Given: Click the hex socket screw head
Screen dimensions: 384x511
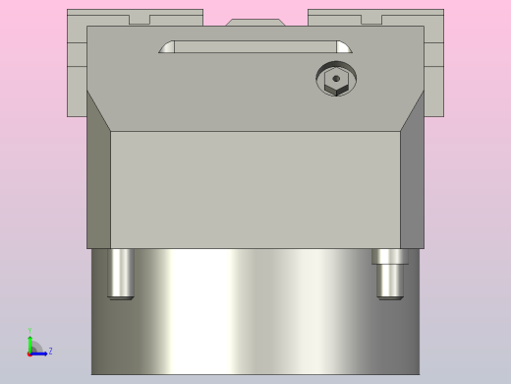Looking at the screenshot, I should click(x=336, y=79).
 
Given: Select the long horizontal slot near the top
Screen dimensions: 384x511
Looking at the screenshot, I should click(x=255, y=46).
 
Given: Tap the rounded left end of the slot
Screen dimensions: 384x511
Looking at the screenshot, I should click(x=167, y=47).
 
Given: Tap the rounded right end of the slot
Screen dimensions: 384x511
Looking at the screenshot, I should click(x=343, y=47).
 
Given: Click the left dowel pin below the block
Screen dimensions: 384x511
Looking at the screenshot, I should click(x=121, y=273).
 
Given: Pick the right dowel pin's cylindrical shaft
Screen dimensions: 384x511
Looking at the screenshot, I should click(x=390, y=282).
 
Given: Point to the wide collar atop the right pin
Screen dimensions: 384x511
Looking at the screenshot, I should click(x=390, y=256).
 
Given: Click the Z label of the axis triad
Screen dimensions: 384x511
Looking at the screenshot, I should click(x=50, y=351).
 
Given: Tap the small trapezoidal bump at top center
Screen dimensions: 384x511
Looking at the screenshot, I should click(x=255, y=22).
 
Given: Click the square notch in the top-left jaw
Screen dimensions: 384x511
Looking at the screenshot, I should click(x=140, y=19).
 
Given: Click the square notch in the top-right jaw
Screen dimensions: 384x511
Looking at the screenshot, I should click(x=371, y=19).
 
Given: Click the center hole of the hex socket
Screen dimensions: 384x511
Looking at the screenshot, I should click(x=336, y=79).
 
